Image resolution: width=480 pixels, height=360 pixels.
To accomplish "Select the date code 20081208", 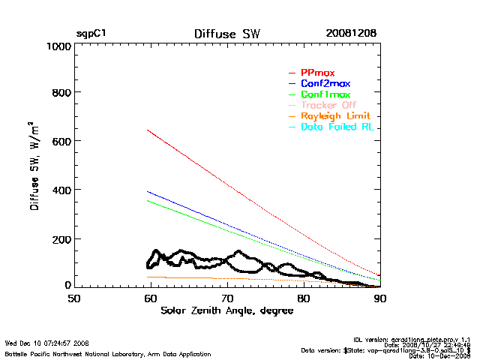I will [351, 34].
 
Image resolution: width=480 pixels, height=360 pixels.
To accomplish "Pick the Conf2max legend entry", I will [325, 83].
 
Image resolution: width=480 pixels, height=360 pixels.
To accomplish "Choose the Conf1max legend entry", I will [325, 94].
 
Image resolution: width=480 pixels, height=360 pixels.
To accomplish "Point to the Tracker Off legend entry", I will [329, 106].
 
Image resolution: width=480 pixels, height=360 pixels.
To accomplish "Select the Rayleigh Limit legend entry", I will [335, 116].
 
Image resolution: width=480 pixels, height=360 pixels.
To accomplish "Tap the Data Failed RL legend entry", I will [337, 127].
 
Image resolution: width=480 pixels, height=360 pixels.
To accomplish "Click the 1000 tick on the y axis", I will [58, 46].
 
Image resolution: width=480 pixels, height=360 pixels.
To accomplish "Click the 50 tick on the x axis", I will [74, 298].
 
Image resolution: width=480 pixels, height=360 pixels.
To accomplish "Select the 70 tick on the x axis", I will [227, 298].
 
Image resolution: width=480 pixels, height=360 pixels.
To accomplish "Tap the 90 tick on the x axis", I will [380, 298].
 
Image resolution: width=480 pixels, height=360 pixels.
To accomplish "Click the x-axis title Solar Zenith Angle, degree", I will [227, 310].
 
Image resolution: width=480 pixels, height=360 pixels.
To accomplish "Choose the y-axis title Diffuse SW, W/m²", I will [34, 166].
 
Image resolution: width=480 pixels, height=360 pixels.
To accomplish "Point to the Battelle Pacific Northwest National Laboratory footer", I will [107, 353].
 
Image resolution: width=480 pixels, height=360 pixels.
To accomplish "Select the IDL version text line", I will [412, 340].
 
